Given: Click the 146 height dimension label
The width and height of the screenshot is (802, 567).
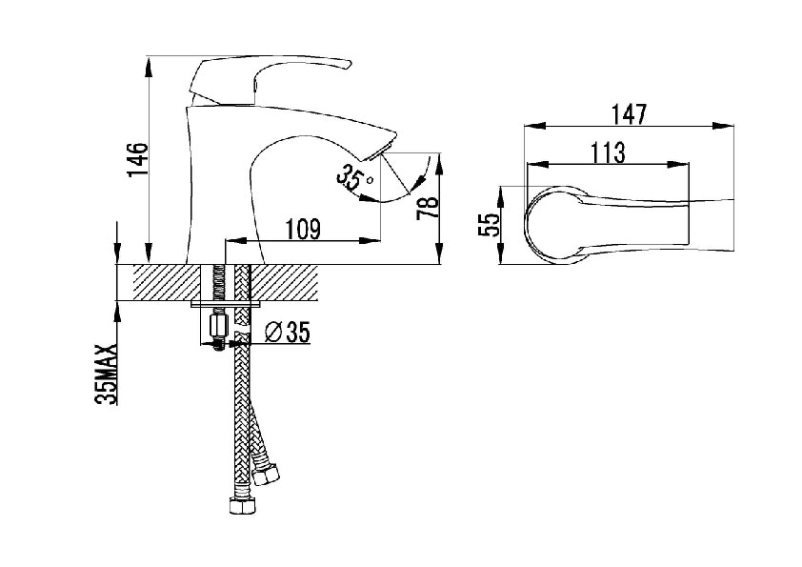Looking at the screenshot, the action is (137, 160).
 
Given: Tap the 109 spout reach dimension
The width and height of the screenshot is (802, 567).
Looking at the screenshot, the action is (302, 229).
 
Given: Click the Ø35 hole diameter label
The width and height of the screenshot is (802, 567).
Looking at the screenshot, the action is (288, 333).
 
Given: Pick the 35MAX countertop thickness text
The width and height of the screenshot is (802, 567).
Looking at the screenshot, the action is (107, 375).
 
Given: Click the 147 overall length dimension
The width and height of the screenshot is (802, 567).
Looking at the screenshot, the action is (630, 114).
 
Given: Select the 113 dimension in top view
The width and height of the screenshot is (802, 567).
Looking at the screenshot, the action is (608, 152).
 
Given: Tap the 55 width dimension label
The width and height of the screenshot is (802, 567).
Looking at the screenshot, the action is (488, 224).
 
